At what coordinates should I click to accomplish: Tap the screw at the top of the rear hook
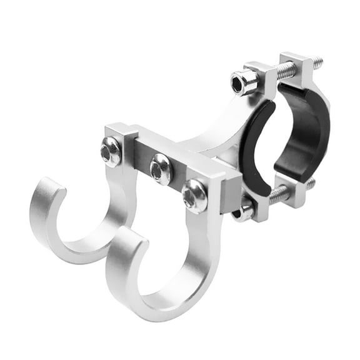(111, 151)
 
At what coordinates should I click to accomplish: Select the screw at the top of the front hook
(194, 196)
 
